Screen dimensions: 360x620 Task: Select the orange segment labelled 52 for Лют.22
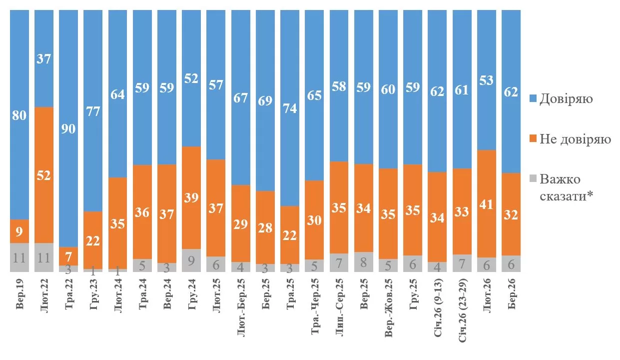(x=44, y=175)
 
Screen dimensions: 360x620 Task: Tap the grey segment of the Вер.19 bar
(x=19, y=257)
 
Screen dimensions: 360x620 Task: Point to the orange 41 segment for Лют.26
(x=487, y=203)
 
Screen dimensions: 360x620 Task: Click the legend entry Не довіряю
(x=575, y=139)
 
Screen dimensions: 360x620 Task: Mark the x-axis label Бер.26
(x=512, y=295)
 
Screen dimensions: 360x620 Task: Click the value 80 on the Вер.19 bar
(x=20, y=115)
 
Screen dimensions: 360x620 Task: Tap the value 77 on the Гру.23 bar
(x=93, y=111)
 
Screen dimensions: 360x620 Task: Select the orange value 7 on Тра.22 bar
(x=68, y=255)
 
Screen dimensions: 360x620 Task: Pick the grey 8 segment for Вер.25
(x=364, y=262)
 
